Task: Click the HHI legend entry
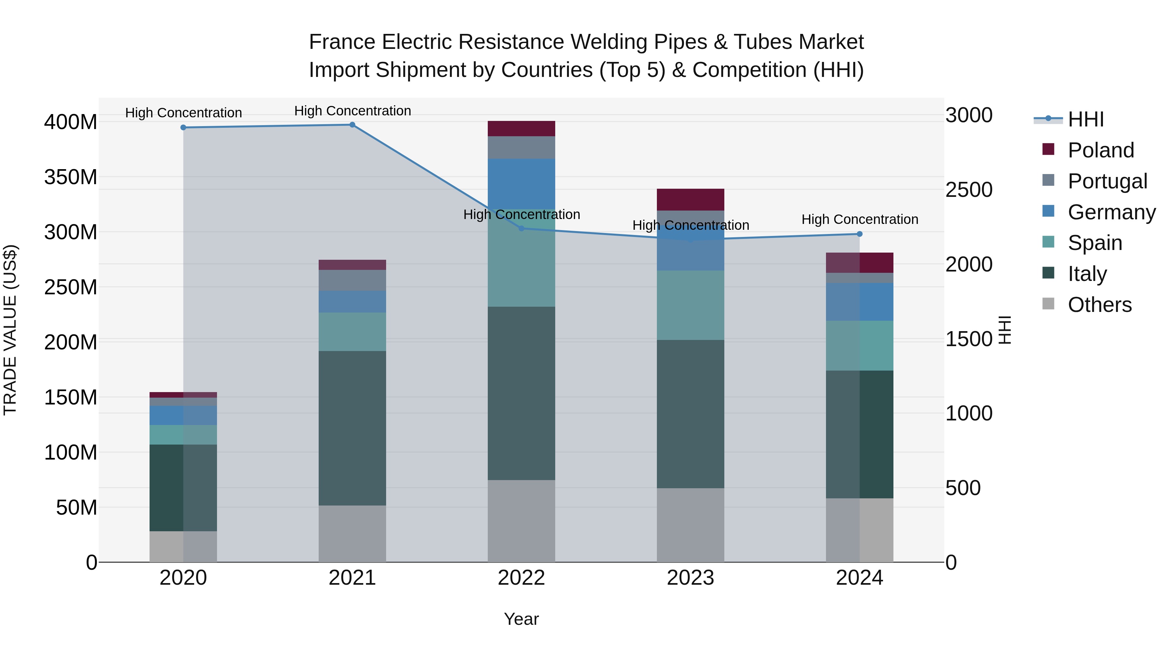[1085, 119]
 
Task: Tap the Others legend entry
[1099, 305]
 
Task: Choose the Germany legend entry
[1111, 212]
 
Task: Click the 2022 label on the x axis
[521, 578]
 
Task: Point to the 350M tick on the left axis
[71, 177]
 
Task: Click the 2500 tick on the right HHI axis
[969, 190]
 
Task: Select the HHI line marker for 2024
[859, 234]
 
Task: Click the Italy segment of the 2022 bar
[521, 393]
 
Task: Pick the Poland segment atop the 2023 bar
[690, 199]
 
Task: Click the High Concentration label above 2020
[183, 113]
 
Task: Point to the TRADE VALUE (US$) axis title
[10, 330]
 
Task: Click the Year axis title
[521, 619]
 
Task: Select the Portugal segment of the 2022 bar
[521, 148]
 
